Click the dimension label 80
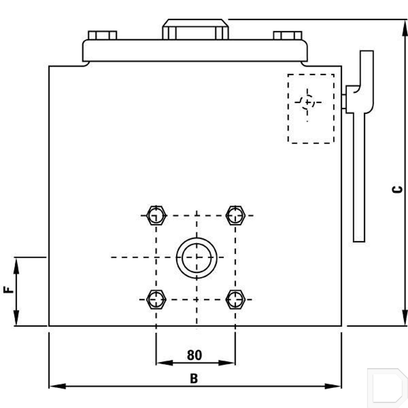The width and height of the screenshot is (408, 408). tap(194, 355)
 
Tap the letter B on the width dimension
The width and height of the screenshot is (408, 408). tap(194, 378)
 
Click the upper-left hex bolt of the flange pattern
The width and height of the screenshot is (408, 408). tap(156, 215)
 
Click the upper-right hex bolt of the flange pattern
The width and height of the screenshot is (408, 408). tap(236, 215)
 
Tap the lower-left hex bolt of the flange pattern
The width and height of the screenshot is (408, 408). tap(156, 299)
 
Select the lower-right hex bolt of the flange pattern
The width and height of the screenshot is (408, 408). tap(236, 299)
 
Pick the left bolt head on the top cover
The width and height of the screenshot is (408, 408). tap(103, 35)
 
